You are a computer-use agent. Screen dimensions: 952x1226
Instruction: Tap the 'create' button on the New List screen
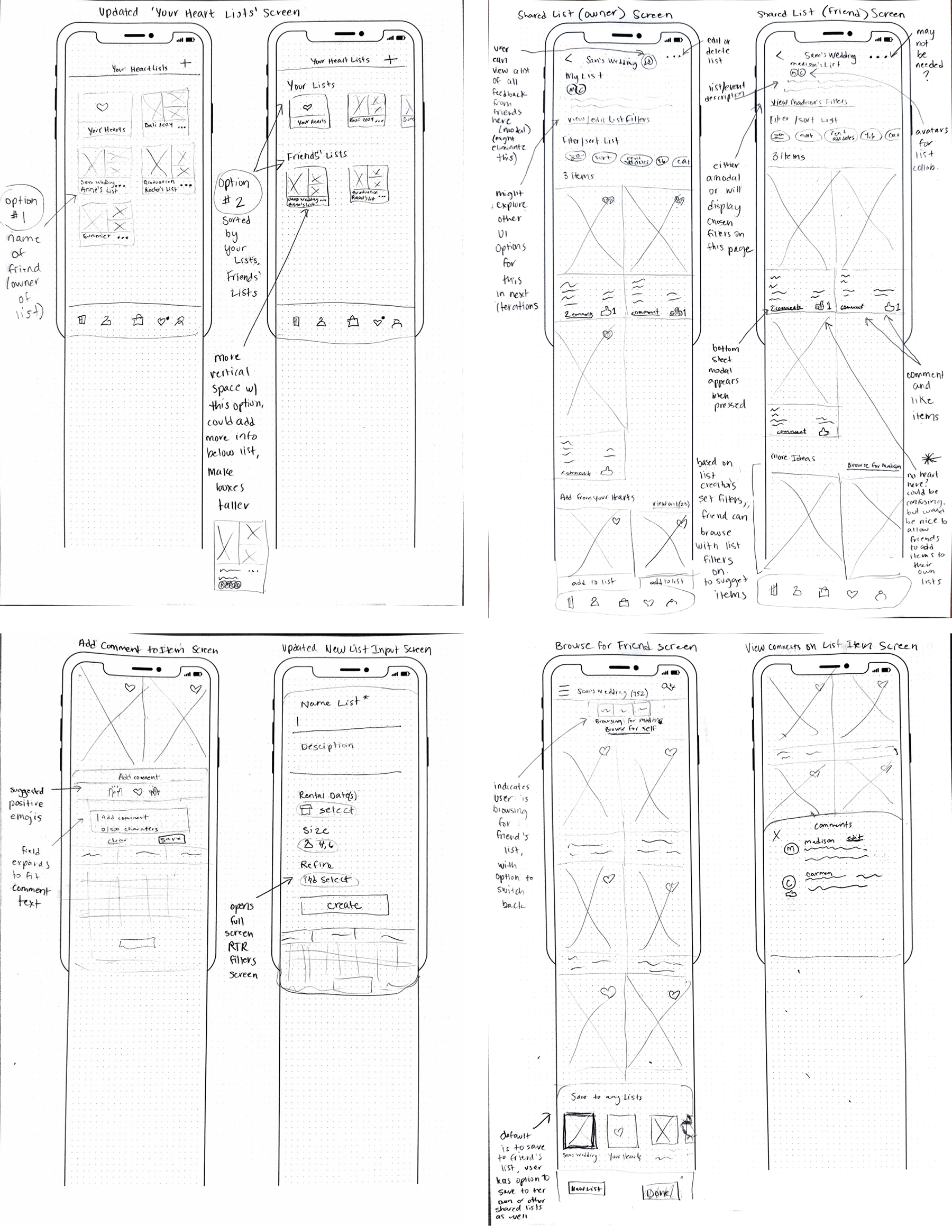click(x=344, y=905)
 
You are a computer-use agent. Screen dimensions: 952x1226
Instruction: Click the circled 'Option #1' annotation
click(x=21, y=207)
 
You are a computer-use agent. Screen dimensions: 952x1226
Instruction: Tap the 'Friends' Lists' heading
click(x=317, y=155)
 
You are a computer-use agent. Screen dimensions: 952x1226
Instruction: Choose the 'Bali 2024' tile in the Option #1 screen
click(x=164, y=111)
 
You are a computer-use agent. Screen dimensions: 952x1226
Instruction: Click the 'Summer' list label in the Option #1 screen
click(x=97, y=236)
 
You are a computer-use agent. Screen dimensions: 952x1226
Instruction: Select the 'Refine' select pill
click(x=328, y=880)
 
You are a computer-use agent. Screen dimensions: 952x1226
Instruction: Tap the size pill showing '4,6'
click(x=318, y=845)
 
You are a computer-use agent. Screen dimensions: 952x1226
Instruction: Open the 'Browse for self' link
click(x=630, y=728)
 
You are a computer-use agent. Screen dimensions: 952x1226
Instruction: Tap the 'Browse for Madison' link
click(x=873, y=465)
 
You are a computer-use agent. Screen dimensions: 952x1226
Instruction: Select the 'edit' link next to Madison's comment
click(x=854, y=838)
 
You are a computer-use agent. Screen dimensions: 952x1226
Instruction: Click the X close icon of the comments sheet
click(x=776, y=836)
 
